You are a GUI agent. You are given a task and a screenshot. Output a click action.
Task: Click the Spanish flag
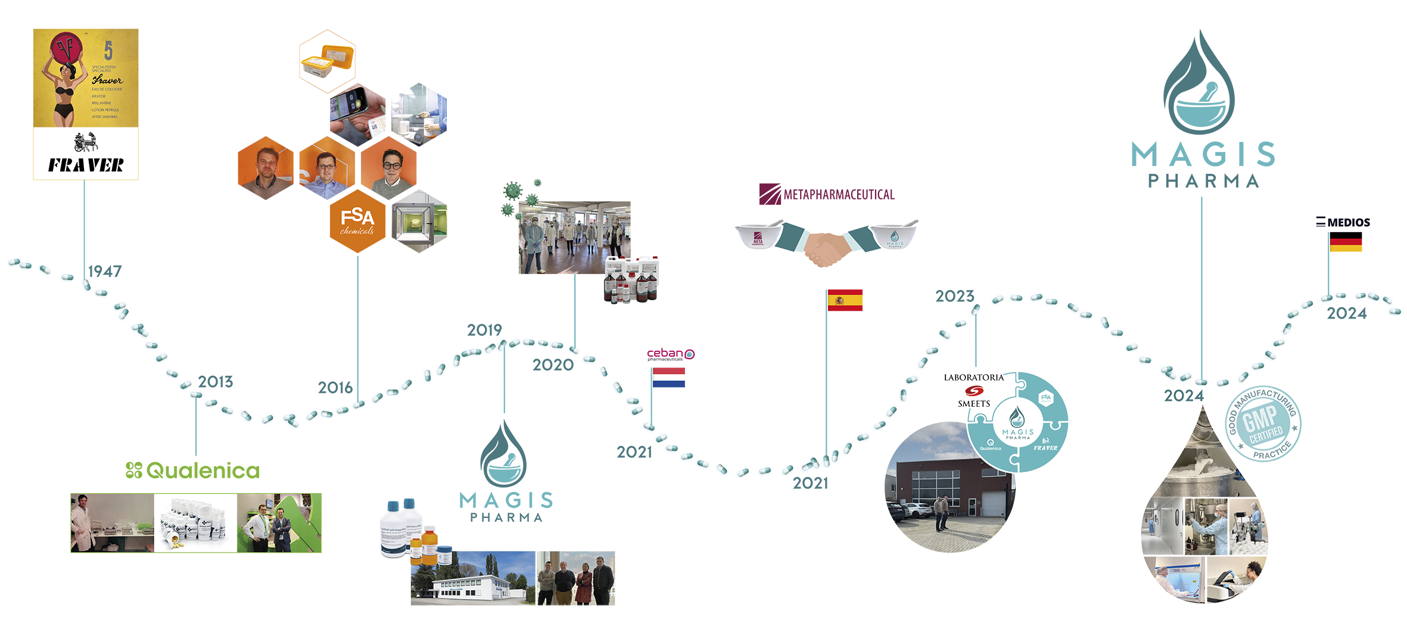851,300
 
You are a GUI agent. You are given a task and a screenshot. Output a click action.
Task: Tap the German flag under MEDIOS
1352,248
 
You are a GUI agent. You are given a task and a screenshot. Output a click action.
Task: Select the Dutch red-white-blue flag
675,381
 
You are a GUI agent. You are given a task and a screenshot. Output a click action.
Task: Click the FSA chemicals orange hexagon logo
357,222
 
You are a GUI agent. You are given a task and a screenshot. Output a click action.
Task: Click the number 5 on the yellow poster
108,50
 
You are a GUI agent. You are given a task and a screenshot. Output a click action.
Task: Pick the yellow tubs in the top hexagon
326,63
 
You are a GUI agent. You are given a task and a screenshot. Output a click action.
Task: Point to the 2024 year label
1182,396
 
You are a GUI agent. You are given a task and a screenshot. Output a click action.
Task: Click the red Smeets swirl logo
973,391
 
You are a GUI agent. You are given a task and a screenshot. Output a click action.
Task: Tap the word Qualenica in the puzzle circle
990,448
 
